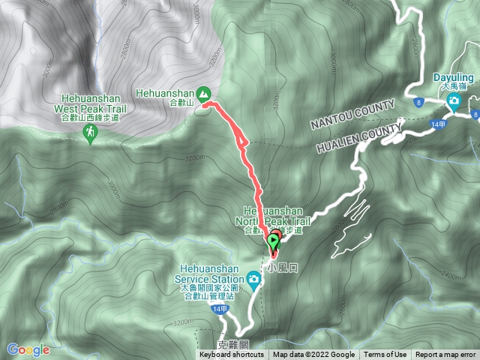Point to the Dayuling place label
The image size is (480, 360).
point(454,78)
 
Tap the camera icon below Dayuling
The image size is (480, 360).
point(454,99)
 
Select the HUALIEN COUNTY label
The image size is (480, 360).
point(357,138)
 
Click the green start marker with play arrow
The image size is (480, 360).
point(274,241)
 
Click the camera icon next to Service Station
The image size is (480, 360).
point(255,281)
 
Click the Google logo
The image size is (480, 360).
point(28,349)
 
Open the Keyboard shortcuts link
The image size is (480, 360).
point(233,355)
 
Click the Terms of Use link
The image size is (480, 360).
point(385,355)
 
